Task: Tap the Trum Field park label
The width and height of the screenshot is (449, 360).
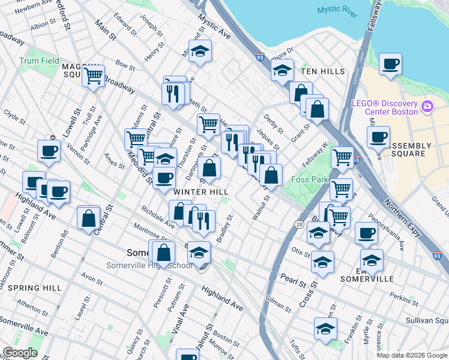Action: click(39, 61)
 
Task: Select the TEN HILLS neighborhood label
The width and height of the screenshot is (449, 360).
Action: click(322, 71)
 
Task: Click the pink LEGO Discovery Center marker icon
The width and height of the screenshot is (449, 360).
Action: click(427, 107)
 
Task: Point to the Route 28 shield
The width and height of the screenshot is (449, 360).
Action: click(298, 223)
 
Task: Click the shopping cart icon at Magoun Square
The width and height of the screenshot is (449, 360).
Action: click(93, 76)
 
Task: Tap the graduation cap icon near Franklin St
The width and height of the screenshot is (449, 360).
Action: click(325, 328)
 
